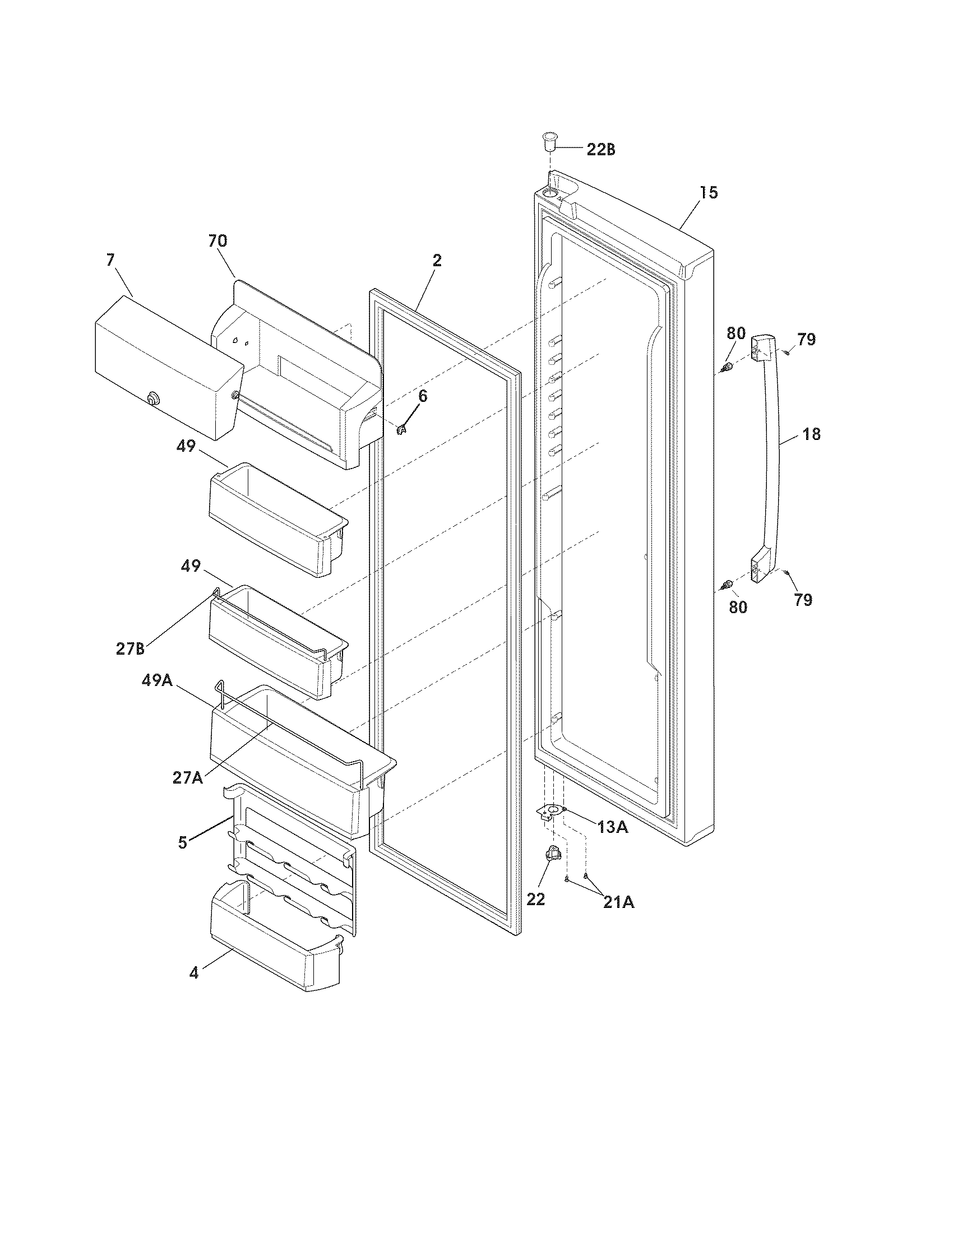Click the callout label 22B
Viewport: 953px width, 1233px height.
601,150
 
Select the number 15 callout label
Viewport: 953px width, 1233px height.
709,193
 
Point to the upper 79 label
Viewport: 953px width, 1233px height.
806,339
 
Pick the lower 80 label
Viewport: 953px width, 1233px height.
738,608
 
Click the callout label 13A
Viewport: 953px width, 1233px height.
613,828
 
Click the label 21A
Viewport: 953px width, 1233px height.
618,903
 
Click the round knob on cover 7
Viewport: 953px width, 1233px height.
151,399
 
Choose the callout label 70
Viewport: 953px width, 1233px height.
218,241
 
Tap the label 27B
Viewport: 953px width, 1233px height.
131,648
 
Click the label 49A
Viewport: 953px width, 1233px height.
157,680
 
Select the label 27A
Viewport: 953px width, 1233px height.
188,777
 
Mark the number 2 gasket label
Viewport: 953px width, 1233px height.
437,261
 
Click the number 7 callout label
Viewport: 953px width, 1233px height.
110,260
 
